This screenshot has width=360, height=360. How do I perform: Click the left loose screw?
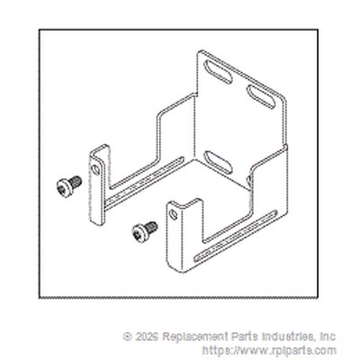[69, 186]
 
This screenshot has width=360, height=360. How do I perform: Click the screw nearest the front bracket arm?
[145, 231]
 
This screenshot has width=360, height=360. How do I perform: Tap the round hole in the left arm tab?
[96, 170]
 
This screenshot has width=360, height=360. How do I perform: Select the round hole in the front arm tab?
[174, 214]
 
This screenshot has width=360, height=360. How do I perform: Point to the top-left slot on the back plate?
[218, 72]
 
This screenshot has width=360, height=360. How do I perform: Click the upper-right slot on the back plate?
[260, 96]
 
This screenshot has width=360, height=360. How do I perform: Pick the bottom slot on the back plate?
[218, 162]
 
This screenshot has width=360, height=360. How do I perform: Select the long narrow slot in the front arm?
[236, 236]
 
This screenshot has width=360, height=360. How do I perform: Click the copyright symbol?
[127, 337]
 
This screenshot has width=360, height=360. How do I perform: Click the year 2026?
[147, 337]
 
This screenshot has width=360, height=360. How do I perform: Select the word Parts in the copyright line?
[244, 337]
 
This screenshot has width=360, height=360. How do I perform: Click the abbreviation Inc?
[329, 337]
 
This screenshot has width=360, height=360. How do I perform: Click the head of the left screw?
[64, 188]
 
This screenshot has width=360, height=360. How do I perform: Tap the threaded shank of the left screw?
[76, 182]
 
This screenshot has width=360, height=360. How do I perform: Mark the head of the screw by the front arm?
[139, 234]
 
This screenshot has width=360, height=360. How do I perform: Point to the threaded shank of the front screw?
[152, 228]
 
